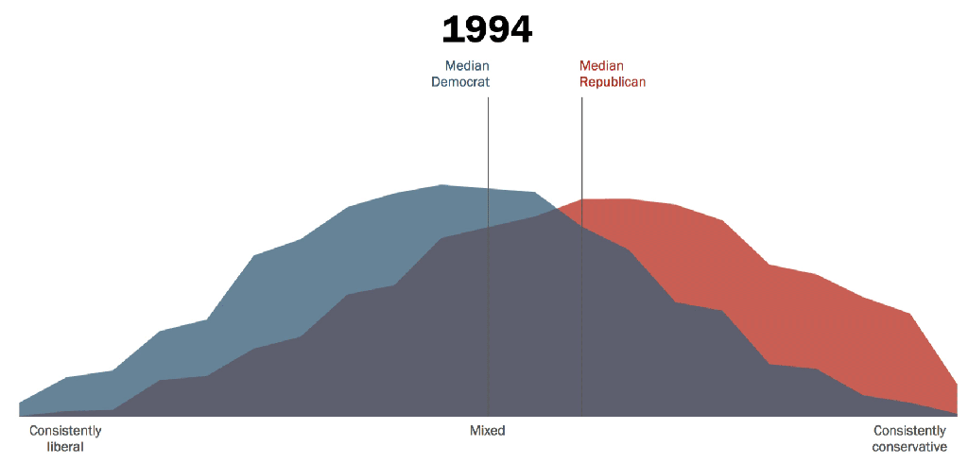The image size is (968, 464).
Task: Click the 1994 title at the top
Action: (x=487, y=30)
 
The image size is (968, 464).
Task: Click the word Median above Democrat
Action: (x=467, y=66)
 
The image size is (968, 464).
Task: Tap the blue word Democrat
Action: (x=460, y=82)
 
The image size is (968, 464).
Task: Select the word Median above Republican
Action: (x=601, y=66)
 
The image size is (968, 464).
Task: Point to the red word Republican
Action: (x=613, y=82)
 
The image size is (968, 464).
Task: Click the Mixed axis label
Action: (x=488, y=431)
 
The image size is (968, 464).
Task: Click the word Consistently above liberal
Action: (x=65, y=431)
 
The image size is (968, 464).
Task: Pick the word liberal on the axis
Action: (x=65, y=447)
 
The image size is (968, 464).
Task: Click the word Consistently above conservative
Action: (x=909, y=431)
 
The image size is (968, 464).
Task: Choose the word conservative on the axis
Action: (x=909, y=447)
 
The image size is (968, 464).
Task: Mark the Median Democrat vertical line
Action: (x=488, y=142)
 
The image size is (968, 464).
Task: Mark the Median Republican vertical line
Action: (x=581, y=142)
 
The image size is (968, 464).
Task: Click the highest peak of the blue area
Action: (x=441, y=185)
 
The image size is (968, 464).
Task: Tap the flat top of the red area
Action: (x=605, y=199)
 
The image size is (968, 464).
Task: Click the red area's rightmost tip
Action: (x=957, y=385)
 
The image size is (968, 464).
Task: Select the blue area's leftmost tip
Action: (x=20, y=403)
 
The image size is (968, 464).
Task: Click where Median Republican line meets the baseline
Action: (x=581, y=416)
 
